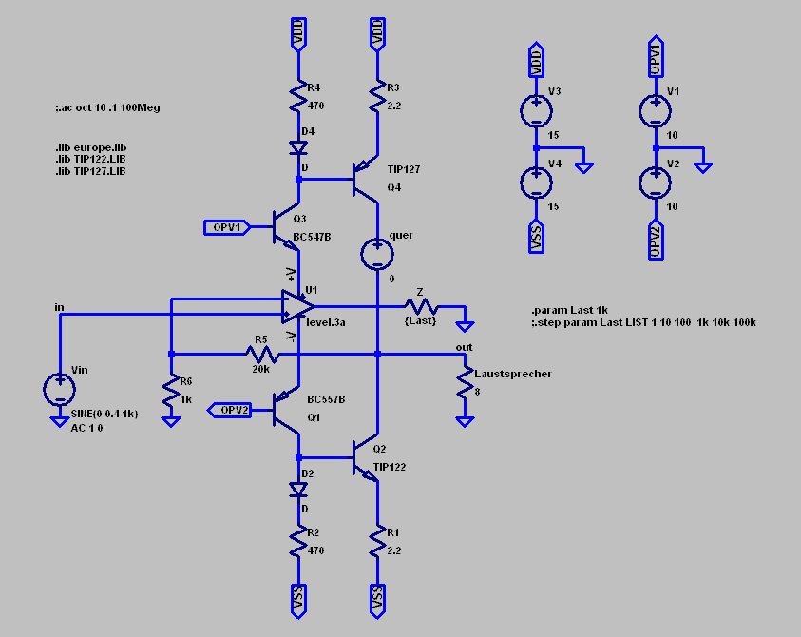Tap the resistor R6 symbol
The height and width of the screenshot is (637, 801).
171,391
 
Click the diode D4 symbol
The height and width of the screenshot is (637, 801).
299,147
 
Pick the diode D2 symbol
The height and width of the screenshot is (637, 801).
299,491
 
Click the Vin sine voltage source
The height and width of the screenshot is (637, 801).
59,388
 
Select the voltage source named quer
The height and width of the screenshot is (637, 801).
377,253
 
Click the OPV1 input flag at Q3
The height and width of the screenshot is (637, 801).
227,227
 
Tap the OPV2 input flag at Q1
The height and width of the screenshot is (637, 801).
227,410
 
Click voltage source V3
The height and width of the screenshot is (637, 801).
536,111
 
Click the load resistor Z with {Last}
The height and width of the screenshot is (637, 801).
419,307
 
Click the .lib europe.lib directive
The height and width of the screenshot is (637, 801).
90,149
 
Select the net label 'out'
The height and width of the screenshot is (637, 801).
464,348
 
